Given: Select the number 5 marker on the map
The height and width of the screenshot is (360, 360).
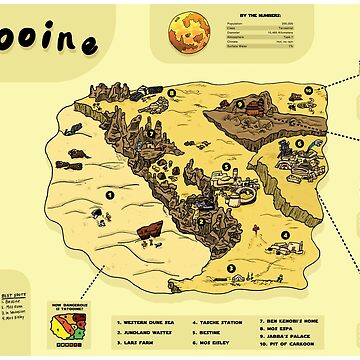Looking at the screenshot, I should [x=226, y=167].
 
